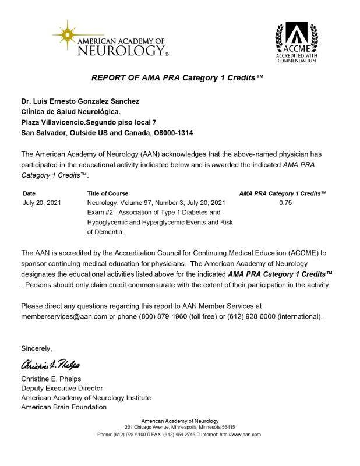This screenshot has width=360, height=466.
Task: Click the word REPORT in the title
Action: [110, 77]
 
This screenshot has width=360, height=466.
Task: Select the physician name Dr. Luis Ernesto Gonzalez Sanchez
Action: [80, 101]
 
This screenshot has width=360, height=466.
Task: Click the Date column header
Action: [29, 193]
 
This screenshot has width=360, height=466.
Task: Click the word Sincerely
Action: [37, 348]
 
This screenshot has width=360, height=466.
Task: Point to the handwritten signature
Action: [51, 366]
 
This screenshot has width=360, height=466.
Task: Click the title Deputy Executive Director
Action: [62, 388]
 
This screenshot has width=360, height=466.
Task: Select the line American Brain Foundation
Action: [63, 407]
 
